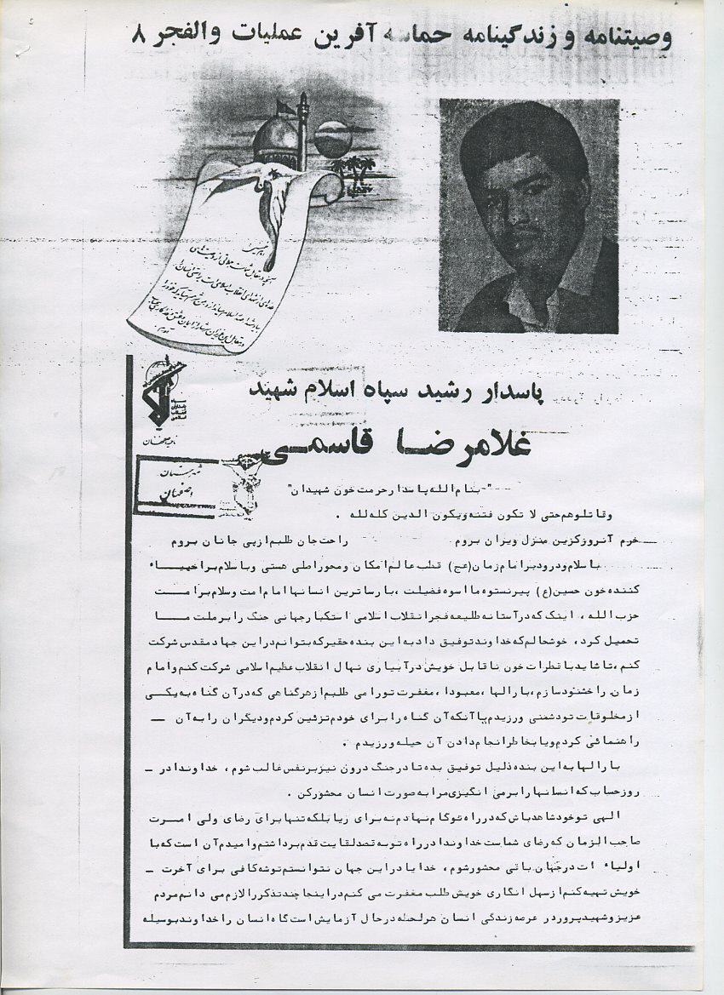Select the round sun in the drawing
point(333,139)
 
